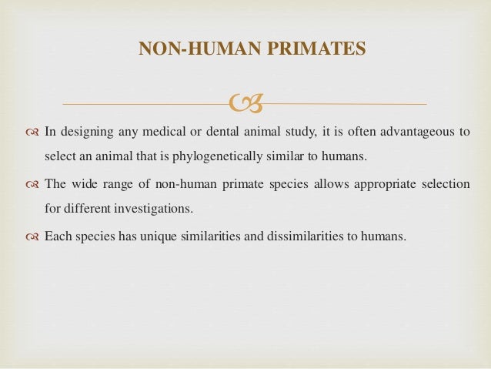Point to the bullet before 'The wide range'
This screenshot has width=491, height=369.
tap(30, 184)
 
